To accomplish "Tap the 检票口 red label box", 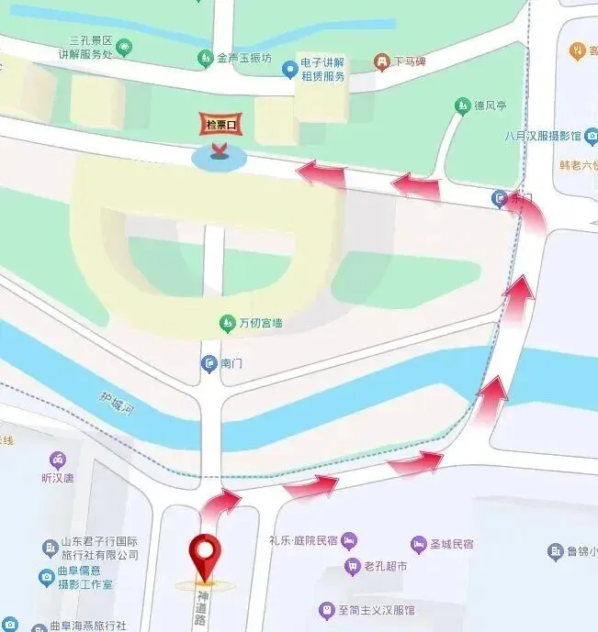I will click(x=220, y=125).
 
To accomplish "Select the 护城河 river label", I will click(x=118, y=405).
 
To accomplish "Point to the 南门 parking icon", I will click(x=209, y=364).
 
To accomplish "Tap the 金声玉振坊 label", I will click(x=243, y=59).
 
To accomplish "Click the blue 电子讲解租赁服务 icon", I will click(x=290, y=67).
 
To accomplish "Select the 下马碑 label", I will click(x=411, y=62).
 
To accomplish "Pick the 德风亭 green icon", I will click(x=463, y=106).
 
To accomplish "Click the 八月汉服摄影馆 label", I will click(x=543, y=136).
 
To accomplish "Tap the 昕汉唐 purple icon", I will click(x=58, y=460).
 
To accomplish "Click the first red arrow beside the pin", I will click(x=220, y=504).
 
